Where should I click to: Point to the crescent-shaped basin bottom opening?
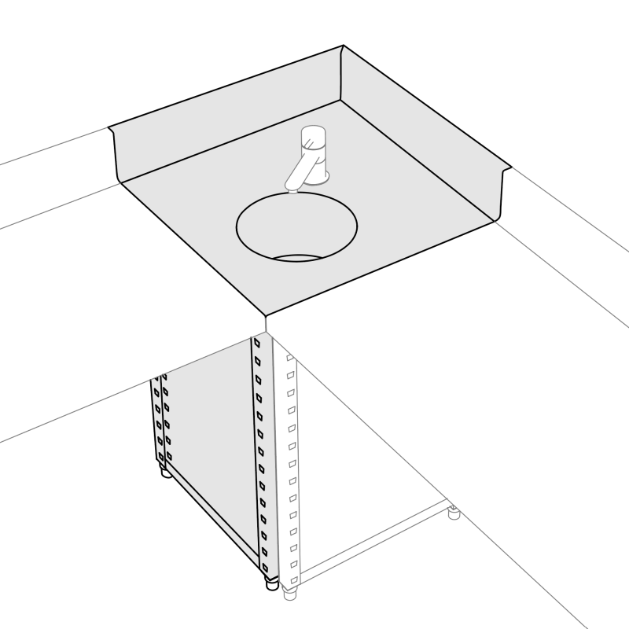pos(297,258)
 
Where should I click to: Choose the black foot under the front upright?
pos(270,583)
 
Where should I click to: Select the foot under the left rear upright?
pos(164,472)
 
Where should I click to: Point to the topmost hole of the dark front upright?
pos(257,343)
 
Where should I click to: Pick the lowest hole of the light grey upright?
pos(293,579)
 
